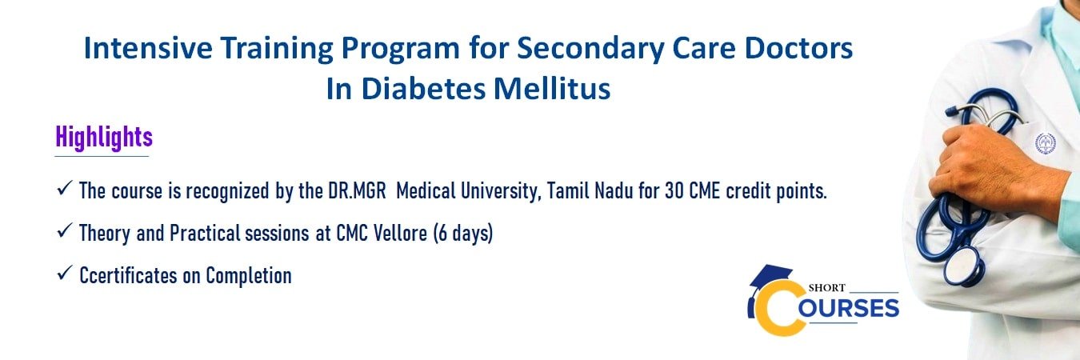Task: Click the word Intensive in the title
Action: pyautogui.click(x=148, y=48)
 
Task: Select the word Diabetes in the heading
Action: pyautogui.click(x=423, y=89)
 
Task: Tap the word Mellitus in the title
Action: pyautogui.click(x=552, y=89)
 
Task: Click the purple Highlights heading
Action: pyautogui.click(x=104, y=137)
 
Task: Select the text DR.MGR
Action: pyautogui.click(x=358, y=191)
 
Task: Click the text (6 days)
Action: pyautogui.click(x=463, y=234)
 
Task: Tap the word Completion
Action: pyautogui.click(x=249, y=276)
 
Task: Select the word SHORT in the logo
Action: pyautogui.click(x=827, y=288)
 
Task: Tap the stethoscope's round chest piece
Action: pyautogui.click(x=964, y=266)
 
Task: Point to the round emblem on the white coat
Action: pyautogui.click(x=1046, y=143)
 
